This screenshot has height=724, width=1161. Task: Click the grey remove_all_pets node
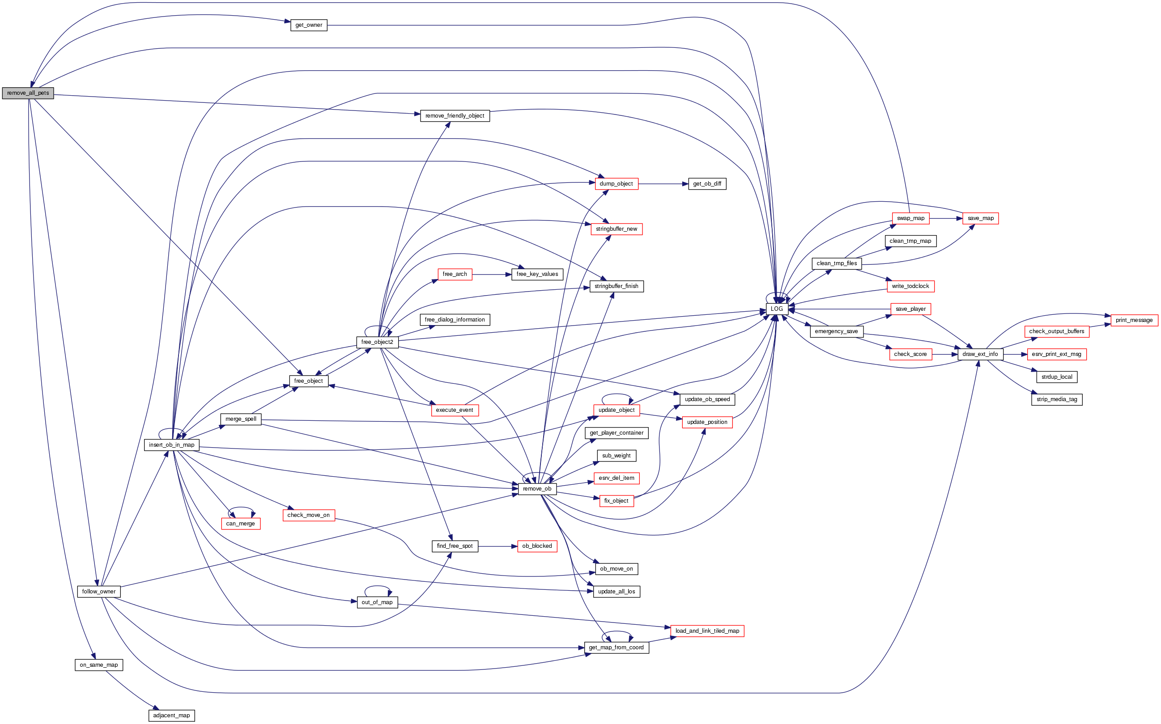(28, 93)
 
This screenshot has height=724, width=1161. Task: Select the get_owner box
(308, 25)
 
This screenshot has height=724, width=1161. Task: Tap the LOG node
(776, 309)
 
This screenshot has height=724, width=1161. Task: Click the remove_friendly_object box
(455, 116)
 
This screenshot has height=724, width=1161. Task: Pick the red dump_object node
(616, 184)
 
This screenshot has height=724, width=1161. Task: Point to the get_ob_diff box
(707, 184)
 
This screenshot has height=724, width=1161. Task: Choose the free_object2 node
(377, 342)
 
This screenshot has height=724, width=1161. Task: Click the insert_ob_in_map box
(171, 445)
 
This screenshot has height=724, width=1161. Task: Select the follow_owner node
(99, 591)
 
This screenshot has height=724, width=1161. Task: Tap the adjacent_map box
(171, 716)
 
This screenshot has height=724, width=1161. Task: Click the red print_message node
(1134, 320)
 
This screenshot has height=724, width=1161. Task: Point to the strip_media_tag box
(1057, 399)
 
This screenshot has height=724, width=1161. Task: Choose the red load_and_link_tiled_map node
(707, 631)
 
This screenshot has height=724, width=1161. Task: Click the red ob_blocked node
(537, 546)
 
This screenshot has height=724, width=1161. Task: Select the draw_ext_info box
(980, 354)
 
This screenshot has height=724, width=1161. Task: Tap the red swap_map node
(910, 218)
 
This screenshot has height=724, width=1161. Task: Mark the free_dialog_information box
(455, 320)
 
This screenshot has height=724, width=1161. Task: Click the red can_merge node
(240, 524)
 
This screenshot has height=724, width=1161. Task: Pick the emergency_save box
(836, 331)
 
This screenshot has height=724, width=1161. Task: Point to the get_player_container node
(617, 433)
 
